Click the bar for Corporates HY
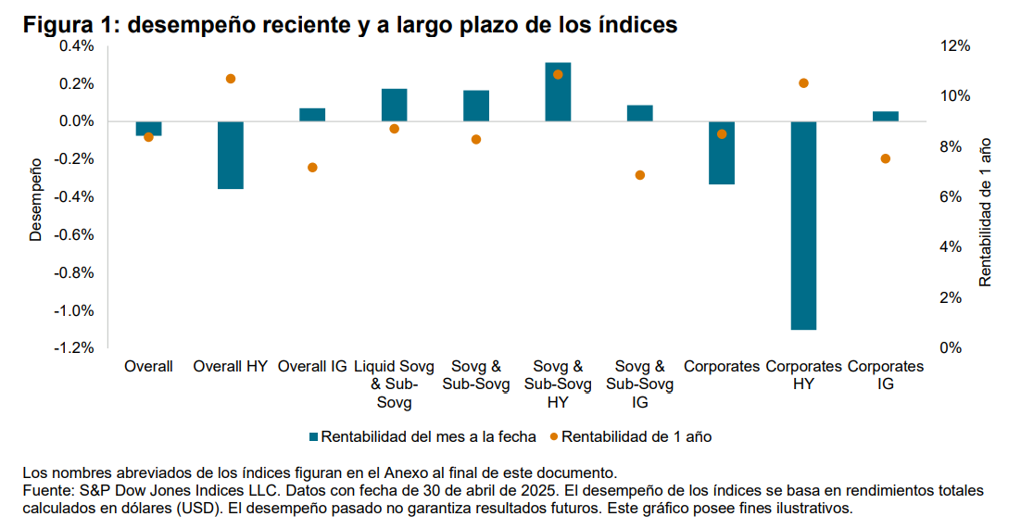(x=803, y=225)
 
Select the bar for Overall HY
(x=231, y=155)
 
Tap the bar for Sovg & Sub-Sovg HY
(x=558, y=92)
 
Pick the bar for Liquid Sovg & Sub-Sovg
(x=394, y=105)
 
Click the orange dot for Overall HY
(x=231, y=79)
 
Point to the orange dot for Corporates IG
(x=885, y=158)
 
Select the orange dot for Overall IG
(x=312, y=168)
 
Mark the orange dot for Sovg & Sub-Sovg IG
(x=639, y=175)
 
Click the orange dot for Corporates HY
(x=803, y=83)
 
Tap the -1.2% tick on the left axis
(x=75, y=348)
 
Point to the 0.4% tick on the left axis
(x=77, y=46)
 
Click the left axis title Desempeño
(x=36, y=198)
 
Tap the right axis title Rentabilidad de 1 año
(x=985, y=212)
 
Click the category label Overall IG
(x=312, y=367)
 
